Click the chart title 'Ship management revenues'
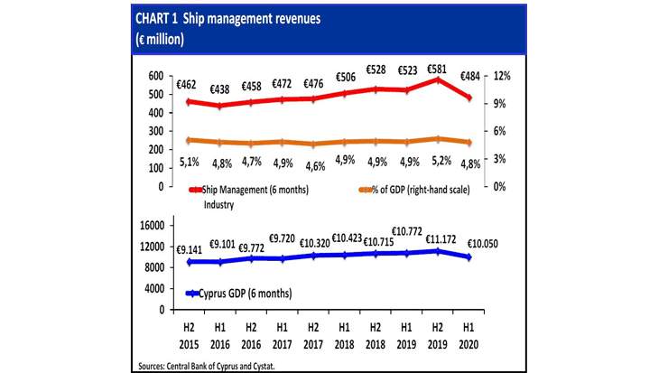pos(229,16)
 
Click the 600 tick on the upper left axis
pos(155,76)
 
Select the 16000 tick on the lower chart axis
pos(149,225)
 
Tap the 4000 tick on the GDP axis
pos(152,288)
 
